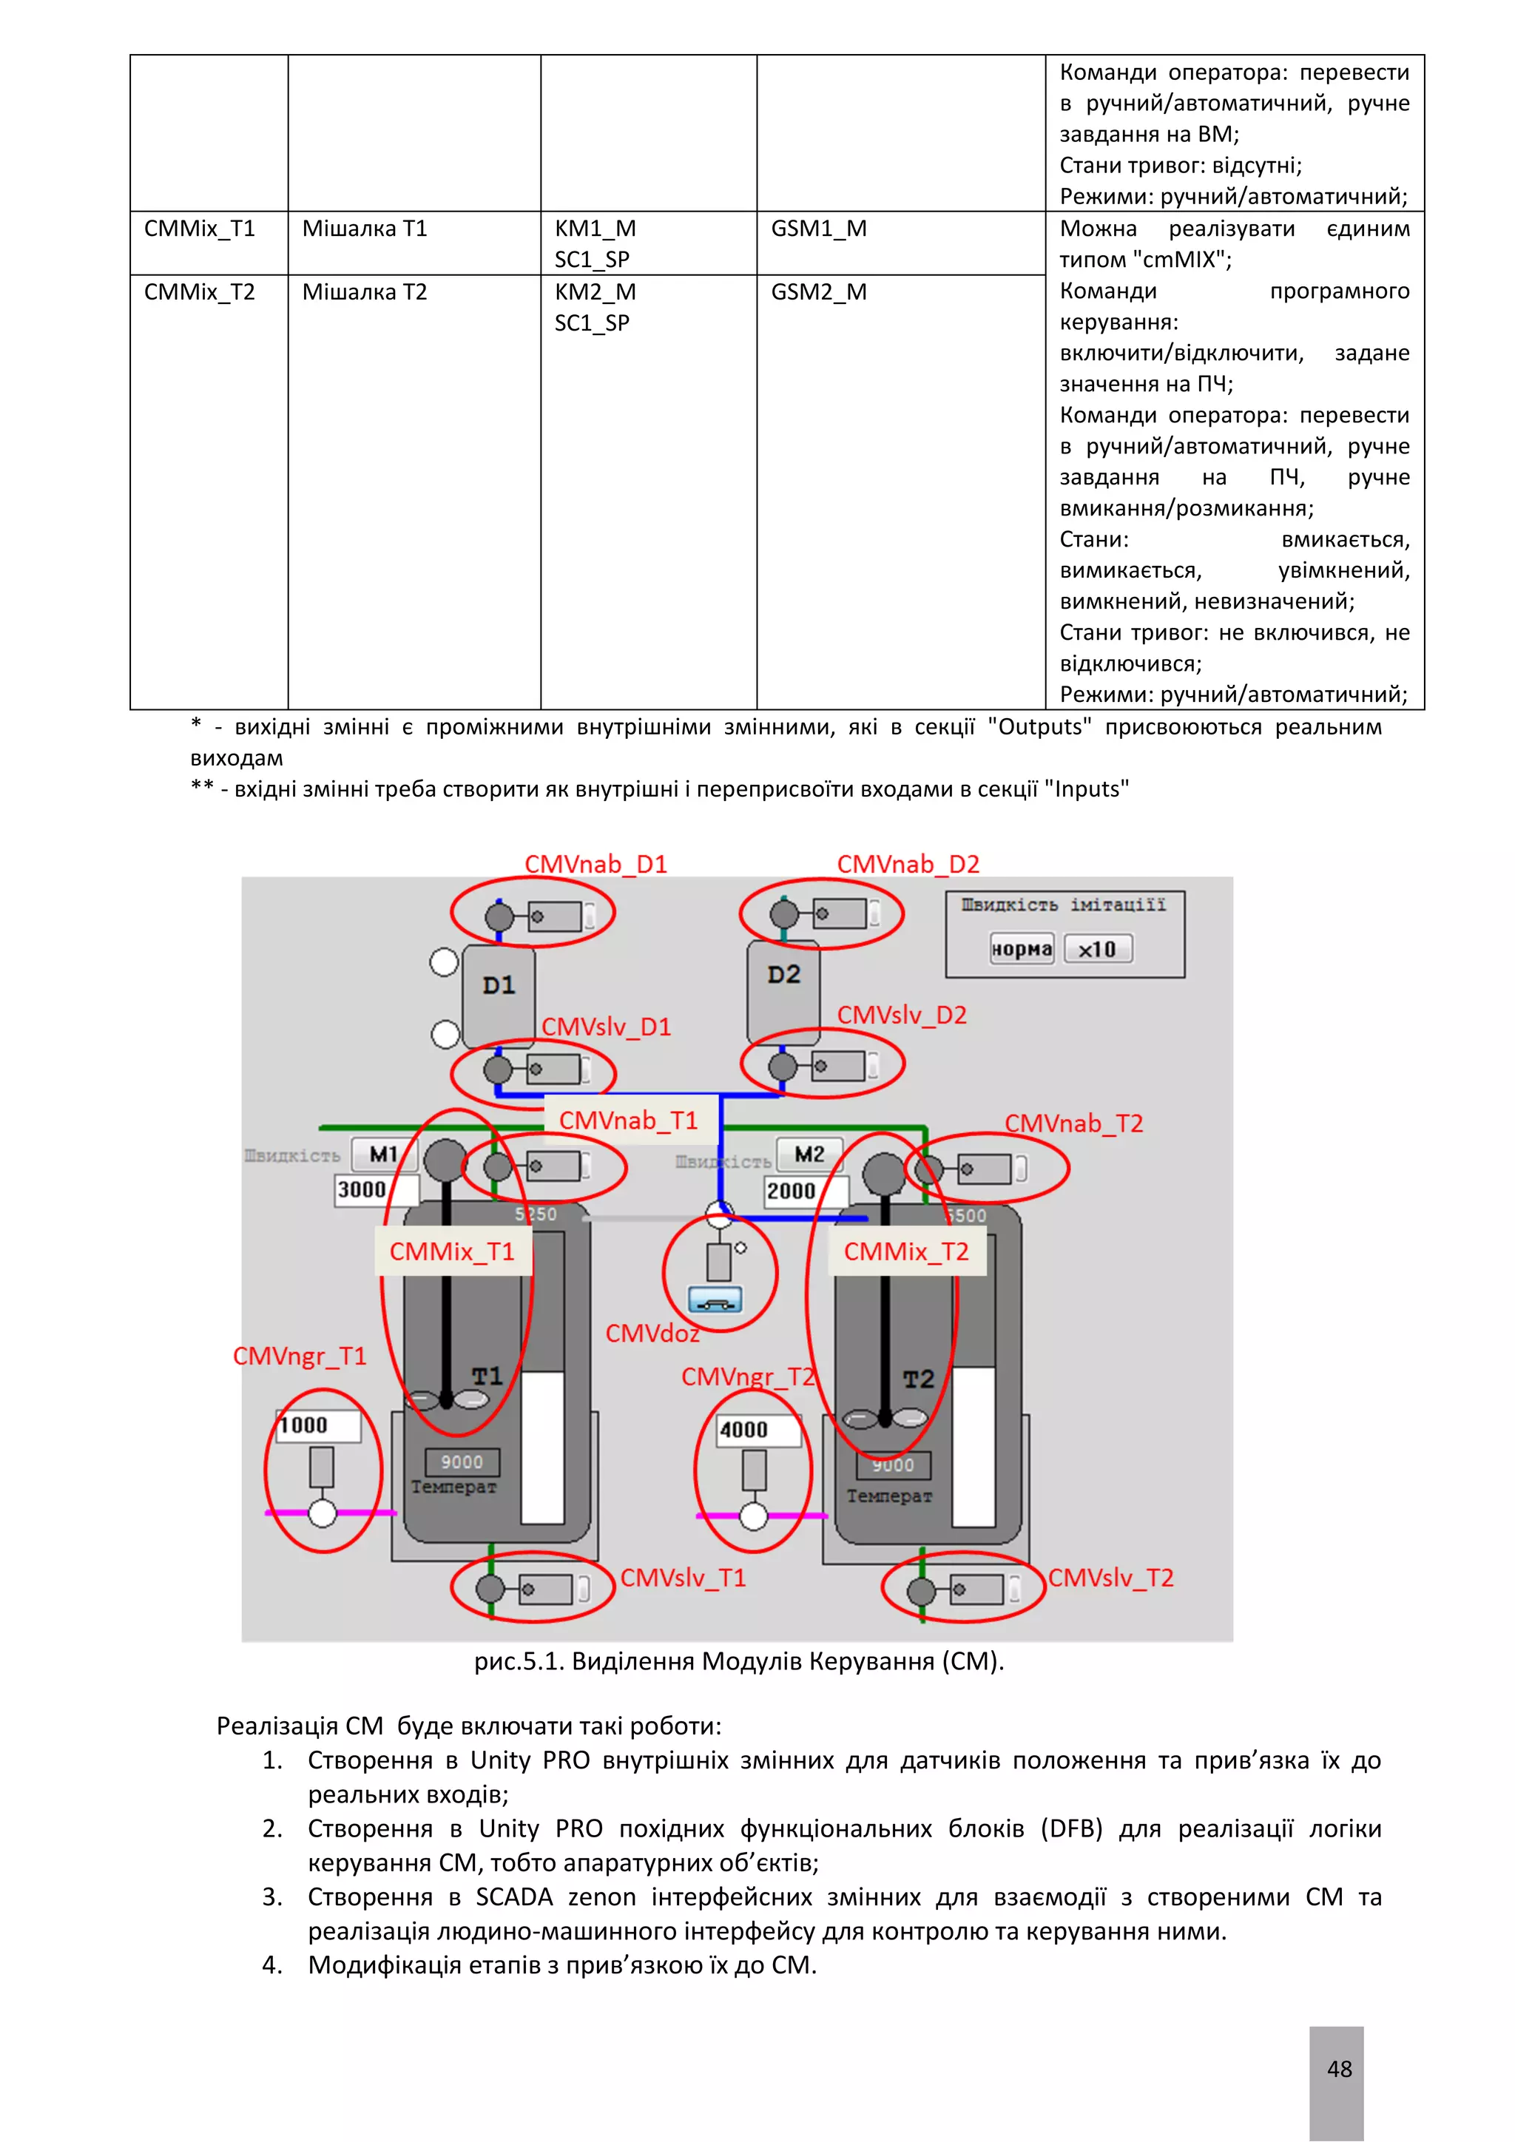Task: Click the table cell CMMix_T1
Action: [200, 229]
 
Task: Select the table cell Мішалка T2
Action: [364, 292]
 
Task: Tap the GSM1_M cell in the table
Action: [818, 229]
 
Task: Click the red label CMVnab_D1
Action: [595, 864]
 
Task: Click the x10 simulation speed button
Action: [1097, 950]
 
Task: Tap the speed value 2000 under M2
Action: [791, 1192]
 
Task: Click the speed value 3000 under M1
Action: [362, 1189]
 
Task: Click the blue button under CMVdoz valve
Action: [715, 1300]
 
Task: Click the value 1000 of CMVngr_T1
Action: [304, 1425]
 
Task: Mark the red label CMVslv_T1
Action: [683, 1578]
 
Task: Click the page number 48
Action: [1339, 2070]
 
